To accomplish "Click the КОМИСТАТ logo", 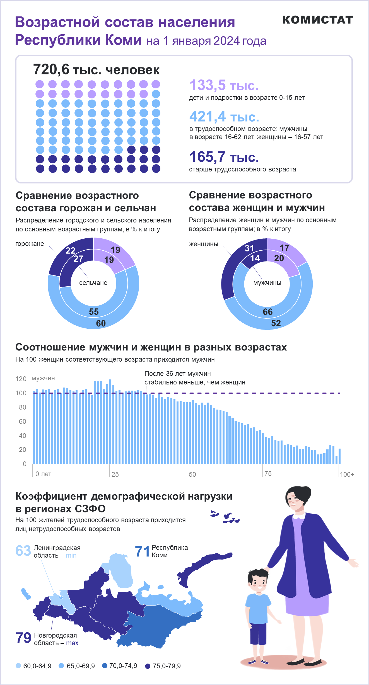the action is click(318, 20).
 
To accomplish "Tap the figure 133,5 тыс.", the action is click(224, 85).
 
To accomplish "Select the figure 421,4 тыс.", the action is click(224, 117).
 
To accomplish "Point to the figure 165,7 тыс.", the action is click(224, 157).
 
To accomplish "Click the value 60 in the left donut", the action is click(101, 323).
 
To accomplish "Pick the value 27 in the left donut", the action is click(78, 259).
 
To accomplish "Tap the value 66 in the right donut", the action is click(268, 312).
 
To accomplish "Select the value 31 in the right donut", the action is click(249, 248).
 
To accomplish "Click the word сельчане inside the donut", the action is click(93, 283).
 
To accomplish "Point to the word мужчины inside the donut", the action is click(267, 283).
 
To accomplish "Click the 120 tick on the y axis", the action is click(21, 379).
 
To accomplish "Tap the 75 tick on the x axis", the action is click(268, 474).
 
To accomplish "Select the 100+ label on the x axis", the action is click(347, 474).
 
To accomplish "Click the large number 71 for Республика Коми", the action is click(142, 551).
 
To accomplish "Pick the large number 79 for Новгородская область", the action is click(23, 638).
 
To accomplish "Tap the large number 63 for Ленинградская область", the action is click(23, 551).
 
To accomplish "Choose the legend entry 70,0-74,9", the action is click(120, 666).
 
